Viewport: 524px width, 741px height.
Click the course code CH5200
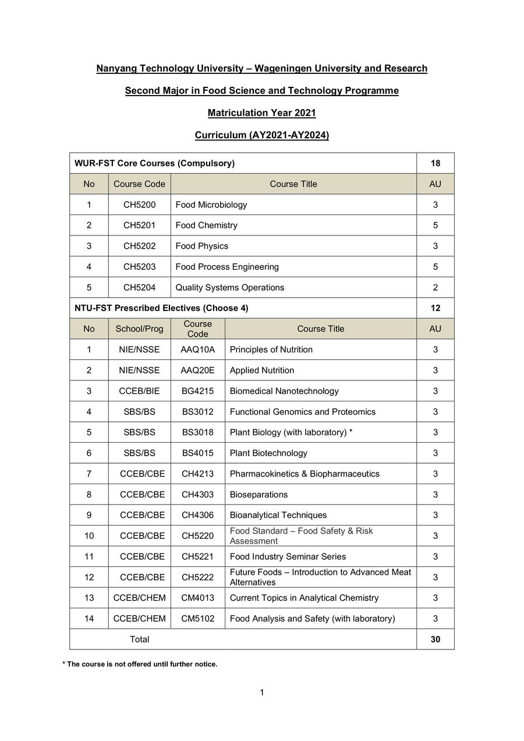click(x=139, y=204)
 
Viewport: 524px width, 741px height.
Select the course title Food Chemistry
click(x=206, y=225)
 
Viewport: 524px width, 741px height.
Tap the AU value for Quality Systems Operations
click(x=435, y=287)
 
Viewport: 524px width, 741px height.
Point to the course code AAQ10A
click(x=197, y=350)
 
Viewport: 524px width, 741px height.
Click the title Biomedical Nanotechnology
click(x=284, y=391)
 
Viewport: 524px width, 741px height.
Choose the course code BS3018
click(x=197, y=432)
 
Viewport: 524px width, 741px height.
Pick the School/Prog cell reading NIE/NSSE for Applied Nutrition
click(x=139, y=370)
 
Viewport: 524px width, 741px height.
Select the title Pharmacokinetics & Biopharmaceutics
click(x=305, y=474)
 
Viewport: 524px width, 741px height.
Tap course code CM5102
click(x=197, y=619)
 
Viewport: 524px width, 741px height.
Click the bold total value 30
click(x=435, y=639)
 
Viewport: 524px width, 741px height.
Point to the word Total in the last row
click(x=139, y=639)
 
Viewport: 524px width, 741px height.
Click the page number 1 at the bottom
click(x=262, y=693)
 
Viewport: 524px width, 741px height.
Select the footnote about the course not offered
click(x=140, y=664)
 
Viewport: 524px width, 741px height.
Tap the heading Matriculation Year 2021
click(x=262, y=113)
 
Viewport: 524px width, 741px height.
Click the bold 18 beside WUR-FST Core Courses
click(x=435, y=163)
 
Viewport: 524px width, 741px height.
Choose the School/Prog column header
click(x=139, y=329)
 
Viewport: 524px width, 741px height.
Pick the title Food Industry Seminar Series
click(x=288, y=556)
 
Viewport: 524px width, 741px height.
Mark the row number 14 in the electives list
click(x=88, y=619)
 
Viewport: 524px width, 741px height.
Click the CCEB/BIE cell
click(x=139, y=391)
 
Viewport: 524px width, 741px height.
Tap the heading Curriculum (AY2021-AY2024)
click(x=262, y=135)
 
